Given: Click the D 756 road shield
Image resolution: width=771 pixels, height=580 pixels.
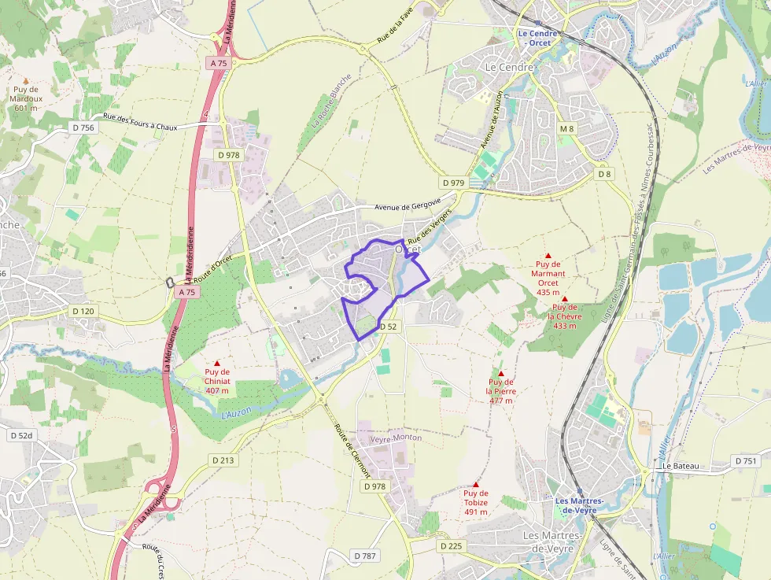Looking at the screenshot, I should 83,127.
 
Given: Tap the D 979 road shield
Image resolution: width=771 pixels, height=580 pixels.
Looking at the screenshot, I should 454,183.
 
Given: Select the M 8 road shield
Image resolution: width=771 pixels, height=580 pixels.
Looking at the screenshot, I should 567,128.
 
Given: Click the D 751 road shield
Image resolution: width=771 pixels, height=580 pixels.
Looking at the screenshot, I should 746,460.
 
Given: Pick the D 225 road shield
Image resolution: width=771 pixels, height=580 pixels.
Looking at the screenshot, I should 452,545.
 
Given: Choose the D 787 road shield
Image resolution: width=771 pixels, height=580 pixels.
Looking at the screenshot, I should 366,556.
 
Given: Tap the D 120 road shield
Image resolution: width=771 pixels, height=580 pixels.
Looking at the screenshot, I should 83,311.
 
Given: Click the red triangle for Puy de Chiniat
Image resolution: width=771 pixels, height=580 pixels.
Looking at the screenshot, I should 217,363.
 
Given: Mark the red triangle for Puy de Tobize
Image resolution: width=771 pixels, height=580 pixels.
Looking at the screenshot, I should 475,484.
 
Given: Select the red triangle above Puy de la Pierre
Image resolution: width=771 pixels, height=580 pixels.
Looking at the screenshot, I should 500,373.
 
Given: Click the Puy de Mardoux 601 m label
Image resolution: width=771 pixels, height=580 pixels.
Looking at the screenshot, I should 26,98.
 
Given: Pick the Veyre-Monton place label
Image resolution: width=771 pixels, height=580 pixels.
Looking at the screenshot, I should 396,438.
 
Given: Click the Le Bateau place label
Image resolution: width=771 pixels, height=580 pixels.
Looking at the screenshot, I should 681,466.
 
